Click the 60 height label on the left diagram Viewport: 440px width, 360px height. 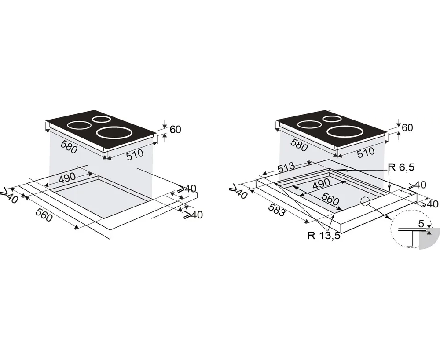point(176,130)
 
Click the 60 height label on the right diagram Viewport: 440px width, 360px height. point(407,127)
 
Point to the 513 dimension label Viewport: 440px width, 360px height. point(286,167)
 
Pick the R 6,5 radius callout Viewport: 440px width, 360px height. point(401,167)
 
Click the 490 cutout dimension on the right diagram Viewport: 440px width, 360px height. point(321,184)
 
